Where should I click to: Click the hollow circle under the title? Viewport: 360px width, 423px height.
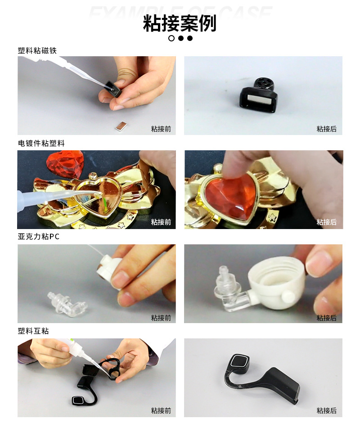point(171,38)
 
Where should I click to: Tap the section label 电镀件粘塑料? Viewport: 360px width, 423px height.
point(41,143)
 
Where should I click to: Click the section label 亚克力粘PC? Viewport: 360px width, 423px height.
point(38,237)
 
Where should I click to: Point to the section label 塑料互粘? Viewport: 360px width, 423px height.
point(33,331)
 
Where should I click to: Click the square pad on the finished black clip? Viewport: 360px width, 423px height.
point(238,362)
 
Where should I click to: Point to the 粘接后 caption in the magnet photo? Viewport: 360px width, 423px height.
point(326,129)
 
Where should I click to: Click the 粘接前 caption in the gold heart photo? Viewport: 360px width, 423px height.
point(161,222)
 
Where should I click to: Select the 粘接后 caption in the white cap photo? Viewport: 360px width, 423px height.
point(326,318)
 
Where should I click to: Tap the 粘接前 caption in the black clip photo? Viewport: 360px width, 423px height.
point(161,410)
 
